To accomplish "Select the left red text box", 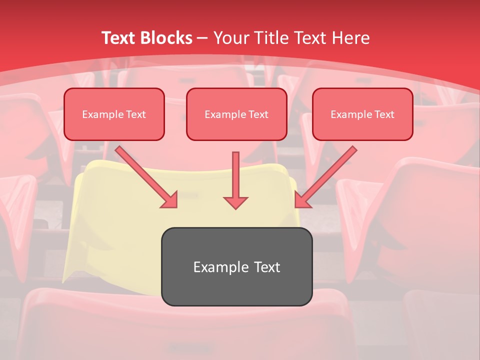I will pos(114,114).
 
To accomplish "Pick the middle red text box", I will pos(236,114).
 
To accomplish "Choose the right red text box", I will pos(362,114).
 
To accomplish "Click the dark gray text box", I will pos(236,266).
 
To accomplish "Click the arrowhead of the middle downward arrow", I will pos(235,202).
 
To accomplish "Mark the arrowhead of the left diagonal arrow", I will pos(170,200).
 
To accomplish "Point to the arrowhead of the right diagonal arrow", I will pos(302,200).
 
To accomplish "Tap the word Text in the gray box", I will pos(267,267).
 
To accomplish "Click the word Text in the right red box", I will pos(384,114).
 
